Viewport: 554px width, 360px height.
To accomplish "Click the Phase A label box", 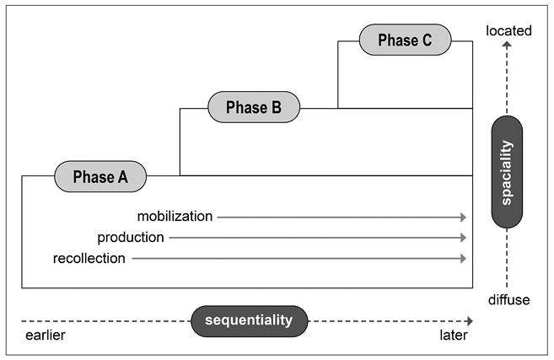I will tap(100, 176).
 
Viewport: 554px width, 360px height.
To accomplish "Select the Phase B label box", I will tap(253, 107).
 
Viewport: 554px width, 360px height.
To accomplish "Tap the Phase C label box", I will tap(406, 39).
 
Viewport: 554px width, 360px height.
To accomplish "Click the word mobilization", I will tap(175, 217).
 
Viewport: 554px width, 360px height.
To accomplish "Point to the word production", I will tap(131, 238).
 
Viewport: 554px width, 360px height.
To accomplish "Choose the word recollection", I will tap(89, 258).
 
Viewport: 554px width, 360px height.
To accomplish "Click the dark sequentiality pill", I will tap(250, 320).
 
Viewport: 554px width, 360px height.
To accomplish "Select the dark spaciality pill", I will tap(506, 172).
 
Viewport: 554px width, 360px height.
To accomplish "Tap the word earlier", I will tap(44, 336).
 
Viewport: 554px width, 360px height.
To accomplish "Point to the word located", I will tap(508, 31).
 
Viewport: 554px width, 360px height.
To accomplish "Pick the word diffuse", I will tap(508, 300).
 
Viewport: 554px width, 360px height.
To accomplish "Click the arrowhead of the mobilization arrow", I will tap(463, 217).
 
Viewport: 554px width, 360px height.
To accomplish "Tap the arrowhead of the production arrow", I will tap(463, 238).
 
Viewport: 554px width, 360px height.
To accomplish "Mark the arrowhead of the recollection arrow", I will tap(463, 258).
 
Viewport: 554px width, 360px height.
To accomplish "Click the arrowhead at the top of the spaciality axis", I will tap(507, 49).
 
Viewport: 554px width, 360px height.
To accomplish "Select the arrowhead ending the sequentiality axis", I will tap(469, 321).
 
